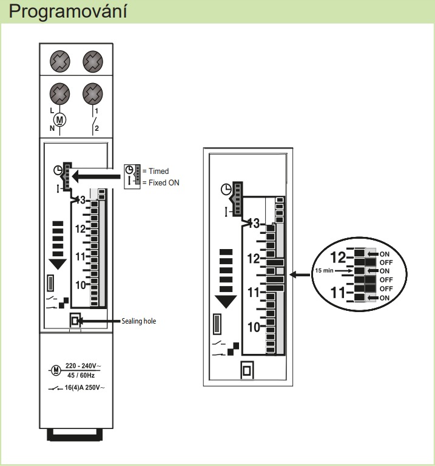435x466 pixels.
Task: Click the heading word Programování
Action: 68,12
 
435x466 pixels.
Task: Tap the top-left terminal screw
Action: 60,62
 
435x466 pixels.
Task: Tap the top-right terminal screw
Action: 93,62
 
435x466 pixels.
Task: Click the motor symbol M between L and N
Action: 60,120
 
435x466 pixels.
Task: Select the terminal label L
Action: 52,110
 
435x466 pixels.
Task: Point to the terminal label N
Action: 52,128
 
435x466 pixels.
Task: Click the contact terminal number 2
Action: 96,128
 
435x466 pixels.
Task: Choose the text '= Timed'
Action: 155,171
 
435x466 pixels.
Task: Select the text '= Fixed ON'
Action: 161,183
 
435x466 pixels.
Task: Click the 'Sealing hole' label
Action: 139,321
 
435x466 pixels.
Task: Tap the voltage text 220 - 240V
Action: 83,366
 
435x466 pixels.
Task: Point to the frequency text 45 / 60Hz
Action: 81,375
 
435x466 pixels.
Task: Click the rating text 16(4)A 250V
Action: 84,388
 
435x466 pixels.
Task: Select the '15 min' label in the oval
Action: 324,270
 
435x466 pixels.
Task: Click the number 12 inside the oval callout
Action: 339,258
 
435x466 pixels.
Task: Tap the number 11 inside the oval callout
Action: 338,293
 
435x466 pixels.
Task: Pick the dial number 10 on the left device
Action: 80,285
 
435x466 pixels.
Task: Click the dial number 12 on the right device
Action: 254,259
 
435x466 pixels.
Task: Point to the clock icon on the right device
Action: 226,189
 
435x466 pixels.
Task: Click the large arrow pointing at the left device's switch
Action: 96,176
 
